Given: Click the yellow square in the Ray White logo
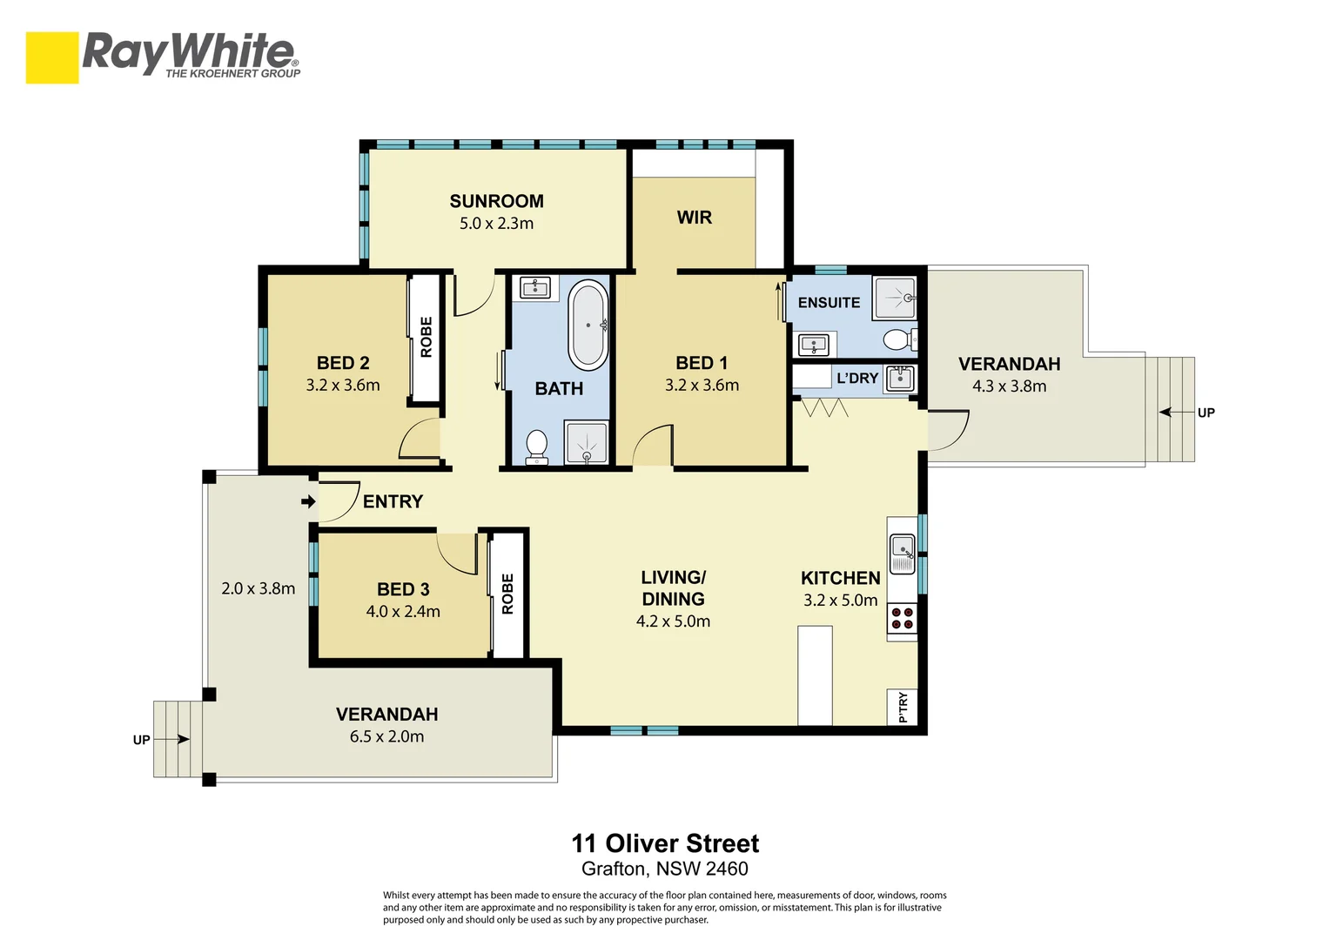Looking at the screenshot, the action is pyautogui.click(x=52, y=57).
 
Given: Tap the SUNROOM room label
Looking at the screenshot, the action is pyautogui.click(x=496, y=201).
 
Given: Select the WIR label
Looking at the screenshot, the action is pyautogui.click(x=694, y=218).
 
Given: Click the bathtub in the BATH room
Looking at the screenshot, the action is pyautogui.click(x=588, y=325).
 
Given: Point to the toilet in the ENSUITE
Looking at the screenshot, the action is pyautogui.click(x=900, y=340).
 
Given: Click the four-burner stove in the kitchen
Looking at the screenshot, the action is pyautogui.click(x=903, y=618).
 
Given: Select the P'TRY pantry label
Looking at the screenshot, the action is pyautogui.click(x=903, y=708).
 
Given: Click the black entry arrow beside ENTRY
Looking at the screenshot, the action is pyautogui.click(x=308, y=502).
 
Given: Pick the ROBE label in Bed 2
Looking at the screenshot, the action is pyautogui.click(x=427, y=337).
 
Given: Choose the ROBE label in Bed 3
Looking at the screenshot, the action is pyautogui.click(x=507, y=594).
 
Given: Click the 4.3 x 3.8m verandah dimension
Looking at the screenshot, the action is pyautogui.click(x=1009, y=386).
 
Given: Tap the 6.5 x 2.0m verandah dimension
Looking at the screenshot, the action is pyautogui.click(x=386, y=737).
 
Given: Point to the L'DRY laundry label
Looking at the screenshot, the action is pyautogui.click(x=856, y=378).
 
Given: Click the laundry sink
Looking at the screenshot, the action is pyautogui.click(x=900, y=379).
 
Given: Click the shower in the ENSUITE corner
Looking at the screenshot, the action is pyautogui.click(x=895, y=297).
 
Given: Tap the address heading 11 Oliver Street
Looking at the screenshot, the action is pyautogui.click(x=665, y=843).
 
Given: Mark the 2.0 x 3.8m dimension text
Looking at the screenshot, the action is pyautogui.click(x=258, y=588).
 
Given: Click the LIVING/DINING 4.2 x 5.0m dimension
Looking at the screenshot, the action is pyautogui.click(x=673, y=621).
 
